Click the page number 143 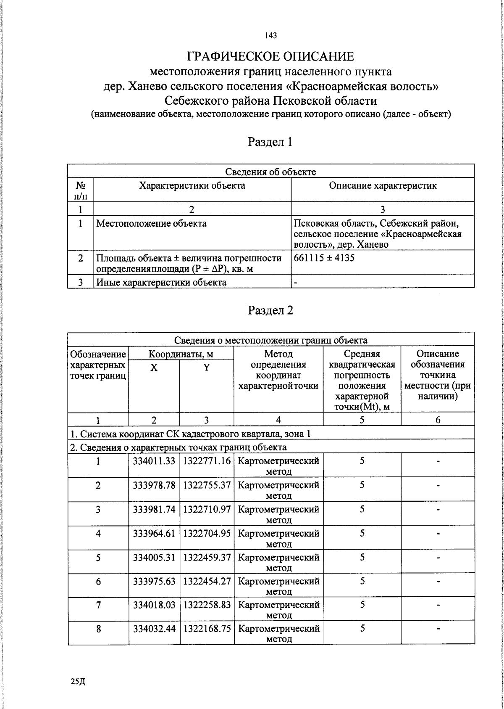click(270, 36)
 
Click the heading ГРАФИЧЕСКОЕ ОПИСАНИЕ click(270, 56)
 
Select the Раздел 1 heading click(270, 142)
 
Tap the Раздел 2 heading click(270, 310)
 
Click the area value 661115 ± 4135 click(324, 258)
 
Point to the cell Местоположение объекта click(152, 223)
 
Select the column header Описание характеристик click(383, 186)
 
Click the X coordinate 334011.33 click(154, 461)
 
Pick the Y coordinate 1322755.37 click(207, 485)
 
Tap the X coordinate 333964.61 click(154, 534)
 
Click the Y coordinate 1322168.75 click(207, 629)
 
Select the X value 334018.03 click(154, 605)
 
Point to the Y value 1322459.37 click(207, 558)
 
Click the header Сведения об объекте click(270, 172)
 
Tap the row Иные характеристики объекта click(162, 282)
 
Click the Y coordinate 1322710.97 click(207, 509)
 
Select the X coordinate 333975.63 click(154, 581)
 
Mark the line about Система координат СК click(190, 434)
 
